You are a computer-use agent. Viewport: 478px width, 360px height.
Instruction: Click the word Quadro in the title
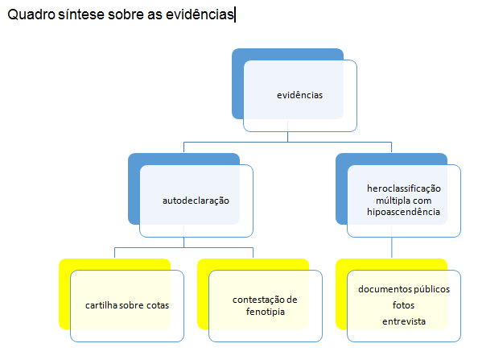(31, 14)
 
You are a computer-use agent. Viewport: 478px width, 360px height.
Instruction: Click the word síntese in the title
(81, 14)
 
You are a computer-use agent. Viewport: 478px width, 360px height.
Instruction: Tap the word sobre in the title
(126, 14)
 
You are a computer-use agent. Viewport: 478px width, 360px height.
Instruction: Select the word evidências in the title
(200, 14)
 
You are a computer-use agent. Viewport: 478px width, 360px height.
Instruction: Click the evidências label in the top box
(299, 95)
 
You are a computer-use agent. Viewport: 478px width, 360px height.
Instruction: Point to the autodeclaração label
(196, 201)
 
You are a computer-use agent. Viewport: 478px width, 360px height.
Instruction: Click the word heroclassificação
(404, 188)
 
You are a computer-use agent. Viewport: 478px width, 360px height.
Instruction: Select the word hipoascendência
(403, 212)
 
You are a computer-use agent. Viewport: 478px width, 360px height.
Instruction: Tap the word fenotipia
(266, 312)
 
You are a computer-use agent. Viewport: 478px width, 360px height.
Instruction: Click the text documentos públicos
(404, 289)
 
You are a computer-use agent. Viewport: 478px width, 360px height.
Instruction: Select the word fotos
(403, 305)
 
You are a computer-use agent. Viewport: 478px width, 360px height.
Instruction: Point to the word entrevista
(404, 321)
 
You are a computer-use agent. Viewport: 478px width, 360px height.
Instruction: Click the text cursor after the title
(235, 15)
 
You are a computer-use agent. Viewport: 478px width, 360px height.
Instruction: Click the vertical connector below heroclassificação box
(391, 247)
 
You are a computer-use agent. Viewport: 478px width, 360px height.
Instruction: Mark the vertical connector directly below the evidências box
(287, 137)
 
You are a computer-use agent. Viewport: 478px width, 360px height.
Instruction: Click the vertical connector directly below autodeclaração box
(183, 242)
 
